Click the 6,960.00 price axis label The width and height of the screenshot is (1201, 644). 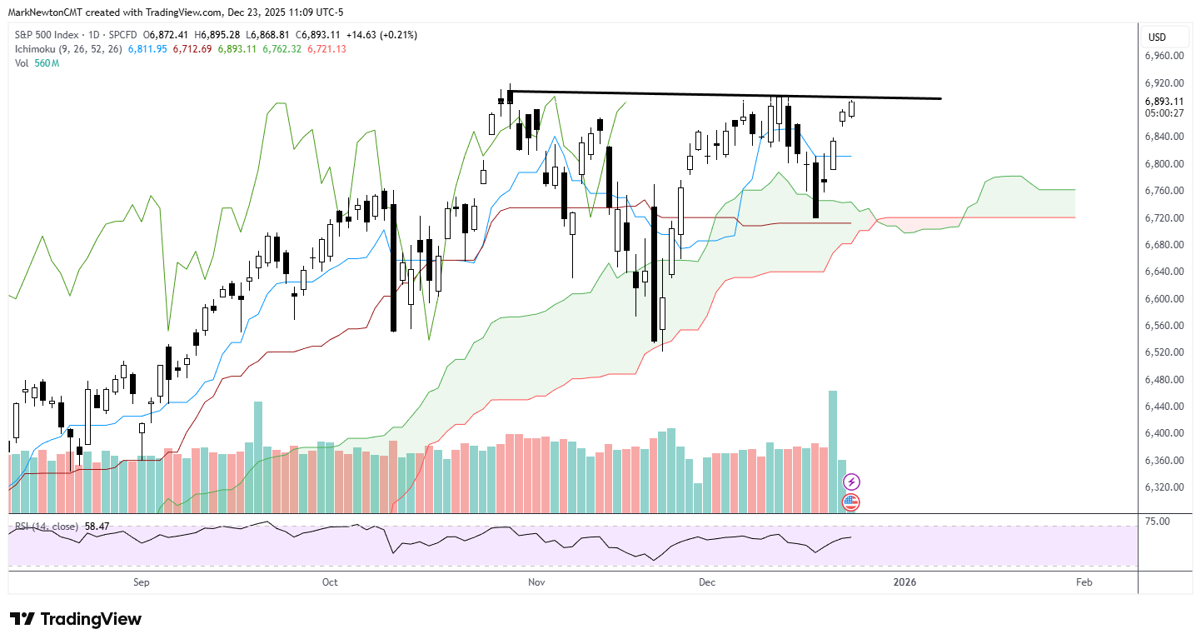pyautogui.click(x=1164, y=56)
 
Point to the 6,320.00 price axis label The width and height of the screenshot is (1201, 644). pyautogui.click(x=1164, y=487)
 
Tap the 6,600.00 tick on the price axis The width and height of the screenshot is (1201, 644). pyautogui.click(x=1164, y=298)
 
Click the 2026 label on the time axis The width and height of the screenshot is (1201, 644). pyautogui.click(x=904, y=582)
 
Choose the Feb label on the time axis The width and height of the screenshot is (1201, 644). pyautogui.click(x=1084, y=582)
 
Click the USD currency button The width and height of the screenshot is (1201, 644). pyautogui.click(x=1157, y=37)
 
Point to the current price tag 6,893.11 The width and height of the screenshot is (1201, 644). pyautogui.click(x=1164, y=102)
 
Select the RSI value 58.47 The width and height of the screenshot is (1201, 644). pyautogui.click(x=97, y=527)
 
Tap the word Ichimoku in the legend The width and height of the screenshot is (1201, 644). pyautogui.click(x=36, y=49)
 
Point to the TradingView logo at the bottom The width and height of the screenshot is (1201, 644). pyautogui.click(x=76, y=619)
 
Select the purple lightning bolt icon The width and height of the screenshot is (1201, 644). pyautogui.click(x=851, y=482)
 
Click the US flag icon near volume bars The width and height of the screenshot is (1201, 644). pyautogui.click(x=851, y=502)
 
